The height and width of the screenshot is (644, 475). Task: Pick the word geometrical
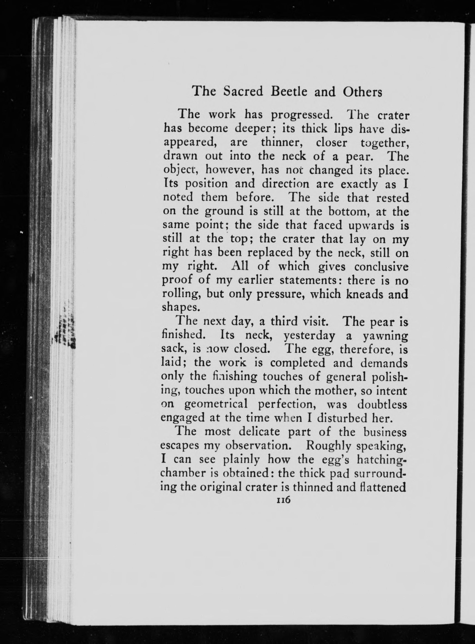tap(216, 405)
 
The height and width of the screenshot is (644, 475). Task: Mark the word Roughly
tap(327, 446)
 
